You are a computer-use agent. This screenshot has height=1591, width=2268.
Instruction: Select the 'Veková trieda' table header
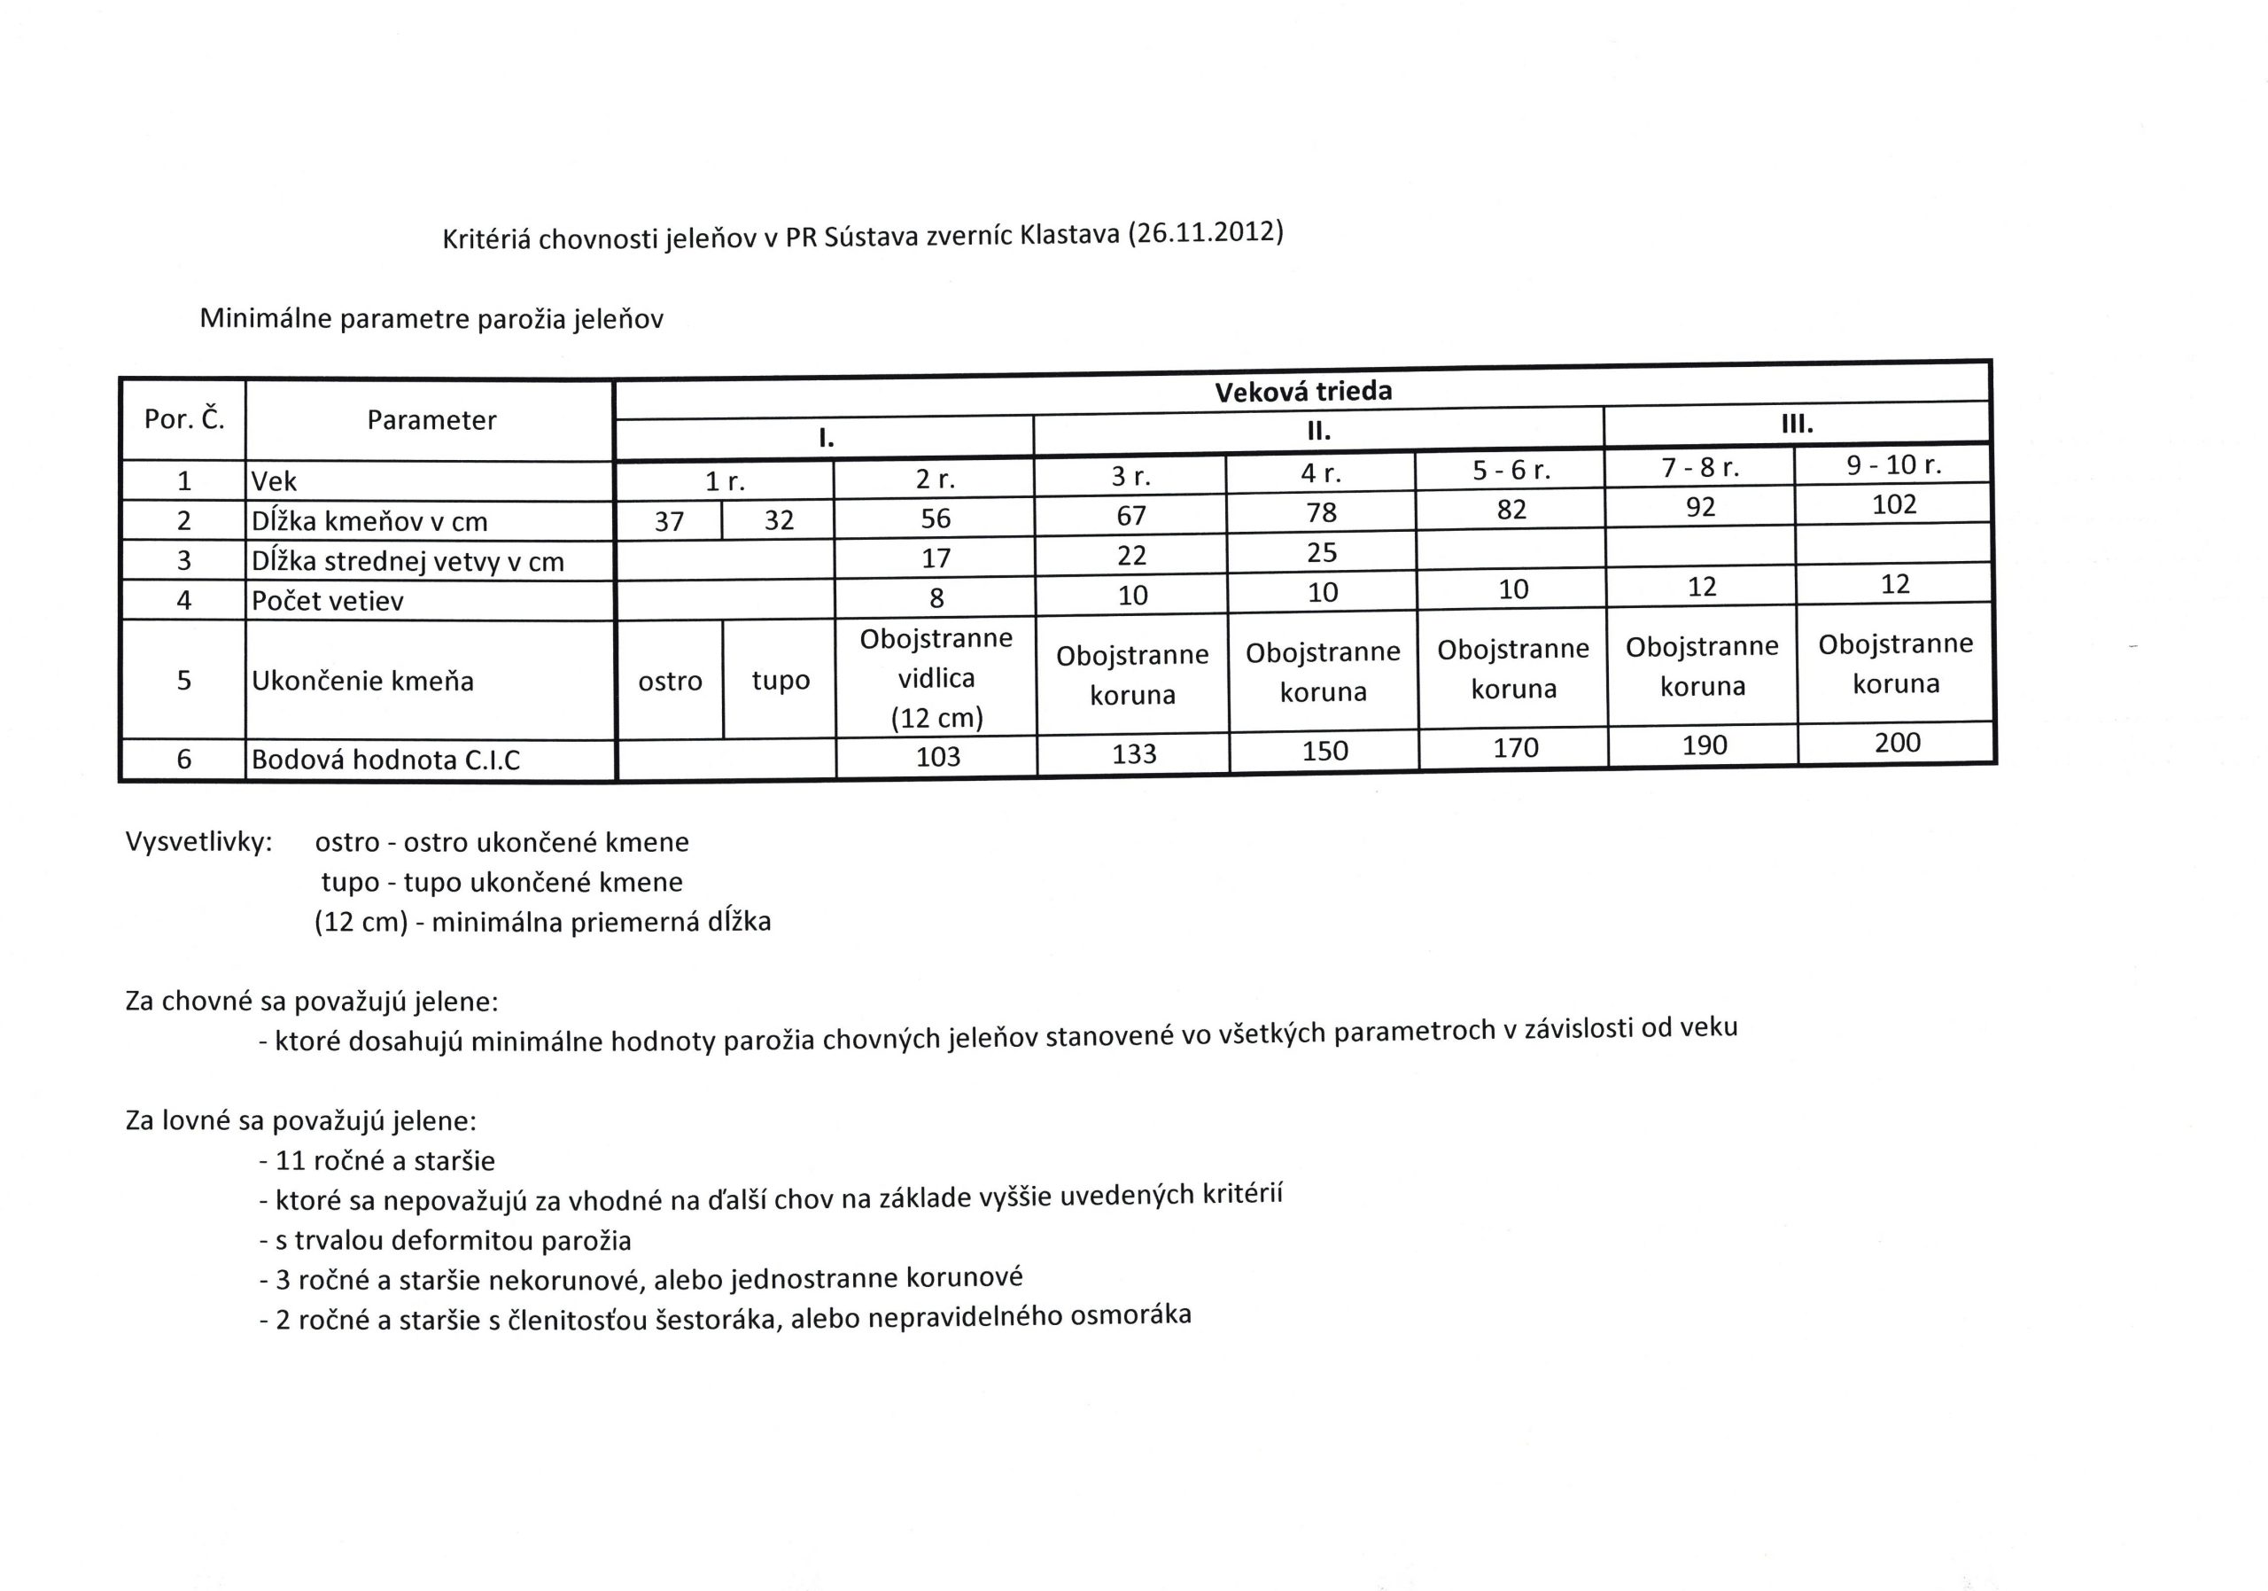pos(1303,392)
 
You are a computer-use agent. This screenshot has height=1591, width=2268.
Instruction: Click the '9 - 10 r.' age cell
pos(1893,464)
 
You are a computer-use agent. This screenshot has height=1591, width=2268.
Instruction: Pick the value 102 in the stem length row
pos(1893,504)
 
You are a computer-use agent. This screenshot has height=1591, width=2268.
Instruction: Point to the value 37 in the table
pos(669,521)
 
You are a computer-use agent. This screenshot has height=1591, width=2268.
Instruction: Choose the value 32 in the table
pos(779,519)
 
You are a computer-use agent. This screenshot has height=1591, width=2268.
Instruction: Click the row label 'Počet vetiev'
pos(327,601)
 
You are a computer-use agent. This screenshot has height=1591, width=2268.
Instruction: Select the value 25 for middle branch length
pos(1322,552)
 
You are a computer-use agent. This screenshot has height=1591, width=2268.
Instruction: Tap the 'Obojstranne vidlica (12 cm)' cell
pos(936,678)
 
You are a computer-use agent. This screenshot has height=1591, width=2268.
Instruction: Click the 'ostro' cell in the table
pos(670,680)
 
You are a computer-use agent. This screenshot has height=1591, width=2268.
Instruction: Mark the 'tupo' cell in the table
pos(781,680)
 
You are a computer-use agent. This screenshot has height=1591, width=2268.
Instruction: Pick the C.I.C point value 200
pos(1897,742)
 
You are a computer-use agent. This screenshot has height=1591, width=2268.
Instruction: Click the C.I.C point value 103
pos(937,756)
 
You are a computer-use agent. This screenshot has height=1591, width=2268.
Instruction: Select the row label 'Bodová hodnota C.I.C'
pos(385,759)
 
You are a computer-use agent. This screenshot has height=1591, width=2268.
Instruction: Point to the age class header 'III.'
pos(1797,425)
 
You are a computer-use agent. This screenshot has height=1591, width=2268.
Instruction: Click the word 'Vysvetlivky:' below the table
pos(198,842)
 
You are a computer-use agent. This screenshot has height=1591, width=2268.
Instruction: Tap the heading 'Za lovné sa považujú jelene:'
pos(301,1120)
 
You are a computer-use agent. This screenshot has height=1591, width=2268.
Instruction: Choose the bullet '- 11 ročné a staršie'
pos(377,1161)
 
